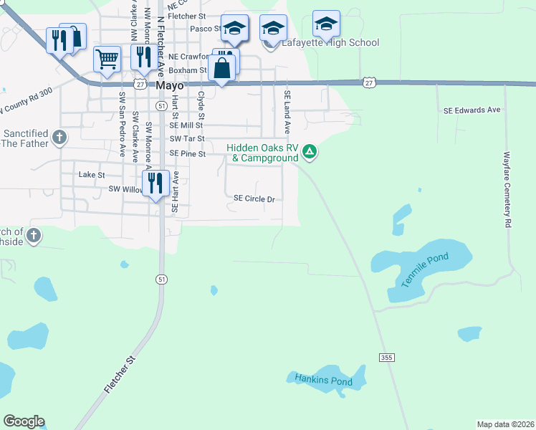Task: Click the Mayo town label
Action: [x=171, y=85]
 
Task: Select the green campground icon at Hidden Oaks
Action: [x=310, y=150]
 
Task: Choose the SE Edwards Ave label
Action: [x=472, y=110]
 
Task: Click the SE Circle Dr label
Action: [x=254, y=199]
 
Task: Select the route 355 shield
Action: [x=388, y=357]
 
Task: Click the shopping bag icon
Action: [x=223, y=70]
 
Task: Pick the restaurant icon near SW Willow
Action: [x=155, y=183]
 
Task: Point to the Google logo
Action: [x=24, y=421]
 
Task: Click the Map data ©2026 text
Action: [x=506, y=424]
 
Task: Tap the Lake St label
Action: [x=92, y=174]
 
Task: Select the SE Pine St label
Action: [x=188, y=153]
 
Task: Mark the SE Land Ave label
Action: [x=287, y=112]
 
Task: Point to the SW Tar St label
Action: [x=187, y=138]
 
